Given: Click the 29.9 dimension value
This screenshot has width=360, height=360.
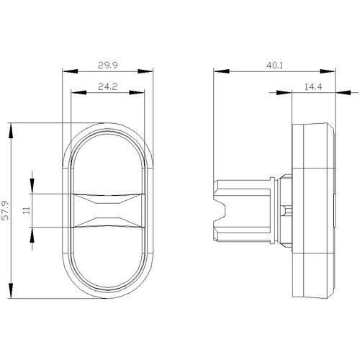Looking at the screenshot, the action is [108, 66].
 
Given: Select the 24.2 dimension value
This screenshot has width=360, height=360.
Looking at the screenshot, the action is [108, 86].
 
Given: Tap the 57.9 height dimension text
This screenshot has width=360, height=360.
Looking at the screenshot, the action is [5, 210].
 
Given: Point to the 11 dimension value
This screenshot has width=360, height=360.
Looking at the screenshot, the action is [27, 210].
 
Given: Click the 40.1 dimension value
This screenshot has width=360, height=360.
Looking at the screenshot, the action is [274, 66].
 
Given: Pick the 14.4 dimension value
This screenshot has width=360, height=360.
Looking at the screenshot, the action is [313, 86].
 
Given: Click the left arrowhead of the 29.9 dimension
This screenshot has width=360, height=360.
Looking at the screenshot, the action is [70, 71].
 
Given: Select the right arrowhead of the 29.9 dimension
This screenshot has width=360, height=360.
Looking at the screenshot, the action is [145, 71].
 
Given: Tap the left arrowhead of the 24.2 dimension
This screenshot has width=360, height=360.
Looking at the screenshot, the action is [78, 93].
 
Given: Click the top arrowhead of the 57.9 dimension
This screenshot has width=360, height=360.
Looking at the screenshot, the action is [11, 131].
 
